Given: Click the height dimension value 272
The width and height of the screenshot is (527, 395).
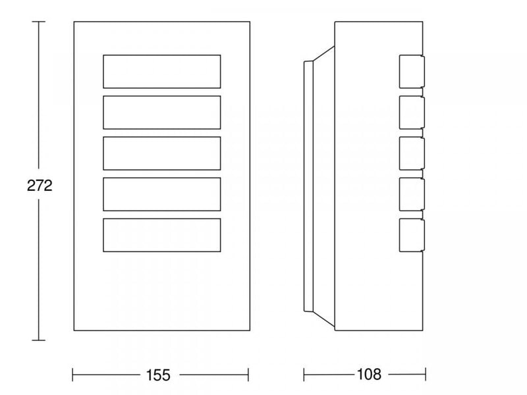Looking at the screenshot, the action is [x=40, y=186].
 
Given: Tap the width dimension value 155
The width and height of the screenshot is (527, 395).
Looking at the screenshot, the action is [x=158, y=375].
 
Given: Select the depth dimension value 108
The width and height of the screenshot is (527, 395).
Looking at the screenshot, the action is [x=369, y=374].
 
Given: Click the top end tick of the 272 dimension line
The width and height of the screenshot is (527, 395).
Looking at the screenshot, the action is [x=38, y=22].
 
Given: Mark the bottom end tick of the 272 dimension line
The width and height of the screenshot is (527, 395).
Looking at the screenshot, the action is [x=38, y=340].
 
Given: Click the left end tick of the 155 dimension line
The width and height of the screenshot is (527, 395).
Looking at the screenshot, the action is [x=72, y=375].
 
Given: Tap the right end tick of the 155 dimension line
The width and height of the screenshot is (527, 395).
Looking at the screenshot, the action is [x=248, y=375].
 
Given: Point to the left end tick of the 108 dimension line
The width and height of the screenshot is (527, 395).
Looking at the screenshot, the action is [x=304, y=375].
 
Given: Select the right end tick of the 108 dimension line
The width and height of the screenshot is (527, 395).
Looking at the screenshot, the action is [x=426, y=375].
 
